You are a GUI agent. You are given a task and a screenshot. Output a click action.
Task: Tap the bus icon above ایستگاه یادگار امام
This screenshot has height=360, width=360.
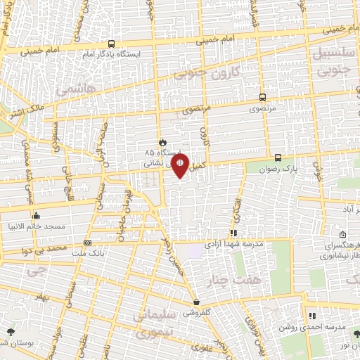111,43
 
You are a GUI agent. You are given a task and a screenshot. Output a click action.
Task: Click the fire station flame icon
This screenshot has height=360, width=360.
161,140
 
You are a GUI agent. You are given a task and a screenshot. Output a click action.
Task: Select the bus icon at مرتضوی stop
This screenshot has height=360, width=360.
262,98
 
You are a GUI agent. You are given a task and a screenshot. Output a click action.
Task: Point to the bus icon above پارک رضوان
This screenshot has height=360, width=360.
278,157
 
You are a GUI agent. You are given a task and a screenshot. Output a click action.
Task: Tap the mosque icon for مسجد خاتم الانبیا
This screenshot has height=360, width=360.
36,215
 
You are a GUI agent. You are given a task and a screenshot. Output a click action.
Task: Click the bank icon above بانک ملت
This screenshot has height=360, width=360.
87,242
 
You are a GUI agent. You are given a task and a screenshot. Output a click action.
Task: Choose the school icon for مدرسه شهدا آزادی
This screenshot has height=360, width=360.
233,233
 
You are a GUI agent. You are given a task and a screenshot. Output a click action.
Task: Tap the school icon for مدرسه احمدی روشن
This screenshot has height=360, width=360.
312,316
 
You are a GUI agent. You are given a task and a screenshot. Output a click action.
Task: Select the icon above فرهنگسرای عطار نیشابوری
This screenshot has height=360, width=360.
342,235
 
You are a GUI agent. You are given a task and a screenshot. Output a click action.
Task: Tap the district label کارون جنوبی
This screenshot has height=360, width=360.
207,72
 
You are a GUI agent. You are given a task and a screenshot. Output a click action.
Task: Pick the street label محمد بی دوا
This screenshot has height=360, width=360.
46,250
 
